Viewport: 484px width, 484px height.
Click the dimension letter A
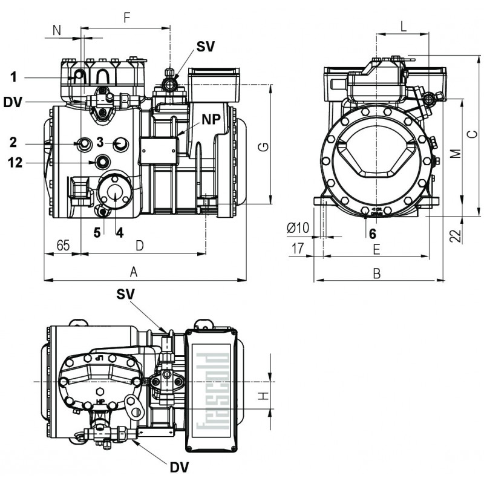coord(134,273)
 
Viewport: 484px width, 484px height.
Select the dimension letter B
coord(376,273)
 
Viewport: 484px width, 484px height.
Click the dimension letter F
coord(127,18)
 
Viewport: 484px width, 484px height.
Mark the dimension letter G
coord(261,146)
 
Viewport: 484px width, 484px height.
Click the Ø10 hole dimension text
coord(298,227)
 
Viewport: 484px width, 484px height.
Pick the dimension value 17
coord(298,247)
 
